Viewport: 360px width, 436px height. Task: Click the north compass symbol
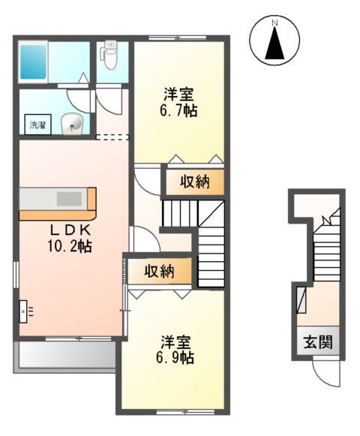pos(275,42)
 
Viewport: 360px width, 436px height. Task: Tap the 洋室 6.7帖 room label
pos(181,103)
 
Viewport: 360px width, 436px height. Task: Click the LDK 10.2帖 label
pos(71,237)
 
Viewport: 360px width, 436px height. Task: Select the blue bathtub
pos(34,61)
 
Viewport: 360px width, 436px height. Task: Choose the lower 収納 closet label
pos(160,271)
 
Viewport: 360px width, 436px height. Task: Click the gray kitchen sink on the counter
pos(69,199)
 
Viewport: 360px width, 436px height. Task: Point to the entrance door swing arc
pos(328,371)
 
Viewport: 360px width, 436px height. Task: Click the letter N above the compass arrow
pos(275,24)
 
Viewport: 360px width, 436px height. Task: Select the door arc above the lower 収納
pos(144,240)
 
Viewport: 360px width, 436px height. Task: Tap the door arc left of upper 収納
pos(148,181)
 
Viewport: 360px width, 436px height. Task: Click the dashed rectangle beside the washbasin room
pos(112,137)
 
